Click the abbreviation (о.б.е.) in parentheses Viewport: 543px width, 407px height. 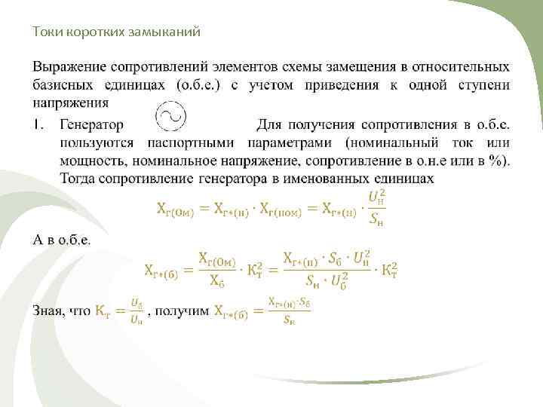(198, 84)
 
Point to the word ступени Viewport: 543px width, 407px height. (483, 84)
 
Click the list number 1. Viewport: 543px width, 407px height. (38, 123)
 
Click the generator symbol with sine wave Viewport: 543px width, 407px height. (169, 116)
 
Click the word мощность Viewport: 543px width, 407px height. (89, 160)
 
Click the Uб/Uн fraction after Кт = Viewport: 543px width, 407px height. (137, 311)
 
